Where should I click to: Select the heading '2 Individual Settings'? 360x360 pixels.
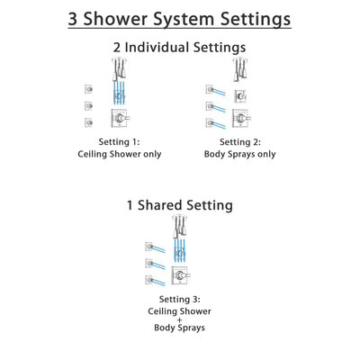coord(180,49)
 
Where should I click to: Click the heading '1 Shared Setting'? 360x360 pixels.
coord(180,205)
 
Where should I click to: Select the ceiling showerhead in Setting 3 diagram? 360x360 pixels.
coord(180,226)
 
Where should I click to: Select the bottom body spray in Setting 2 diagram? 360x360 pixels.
coord(210,121)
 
